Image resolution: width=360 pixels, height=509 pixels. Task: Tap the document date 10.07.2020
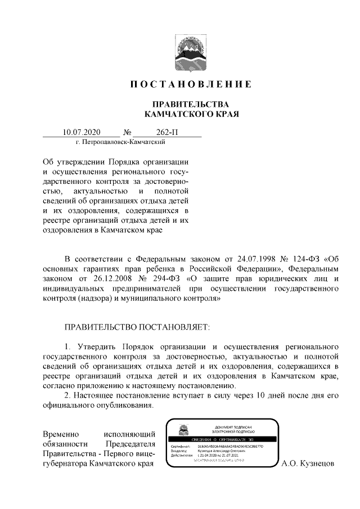click(82, 133)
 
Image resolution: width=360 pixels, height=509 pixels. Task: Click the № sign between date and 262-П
click(134, 133)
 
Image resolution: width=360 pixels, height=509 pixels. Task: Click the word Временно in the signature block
click(61, 434)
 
